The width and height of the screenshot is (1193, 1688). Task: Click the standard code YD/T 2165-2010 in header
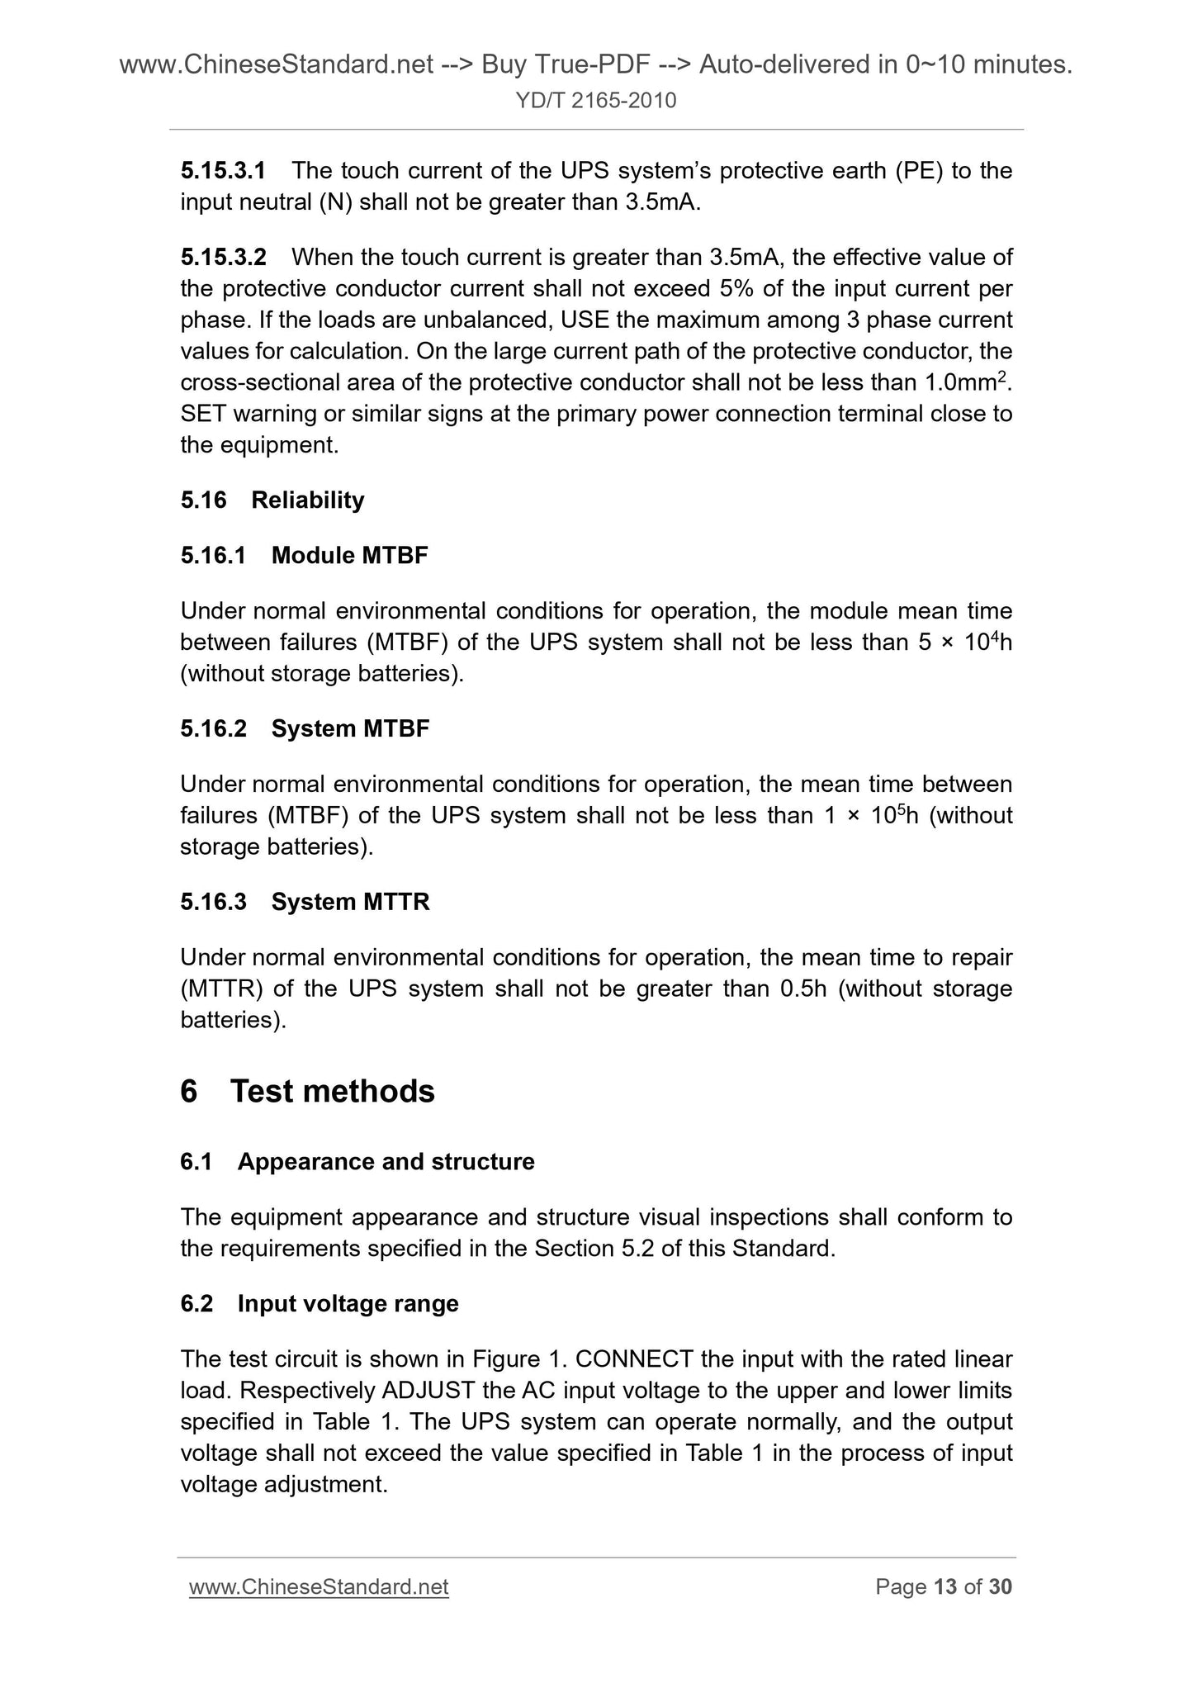tap(595, 101)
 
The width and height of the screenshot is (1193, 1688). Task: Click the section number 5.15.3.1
tap(223, 171)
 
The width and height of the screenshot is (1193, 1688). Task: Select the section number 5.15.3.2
tap(223, 258)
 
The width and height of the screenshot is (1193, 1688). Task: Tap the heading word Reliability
tap(307, 500)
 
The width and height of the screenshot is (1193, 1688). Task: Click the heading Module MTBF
tap(349, 556)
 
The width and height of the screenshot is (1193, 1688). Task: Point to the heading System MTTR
tap(350, 902)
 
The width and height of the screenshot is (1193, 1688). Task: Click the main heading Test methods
tap(332, 1091)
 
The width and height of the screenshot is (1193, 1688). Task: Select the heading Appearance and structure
tap(386, 1162)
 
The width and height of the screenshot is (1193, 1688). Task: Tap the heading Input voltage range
tap(348, 1304)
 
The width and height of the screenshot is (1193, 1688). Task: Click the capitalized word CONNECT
tap(633, 1359)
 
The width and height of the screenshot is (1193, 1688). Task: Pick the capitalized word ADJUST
tap(428, 1391)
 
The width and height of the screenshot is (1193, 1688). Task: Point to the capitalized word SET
tap(202, 414)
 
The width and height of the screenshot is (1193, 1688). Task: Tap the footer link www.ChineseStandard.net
tap(319, 1587)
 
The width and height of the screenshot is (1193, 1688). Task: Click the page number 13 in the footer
tap(945, 1587)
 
